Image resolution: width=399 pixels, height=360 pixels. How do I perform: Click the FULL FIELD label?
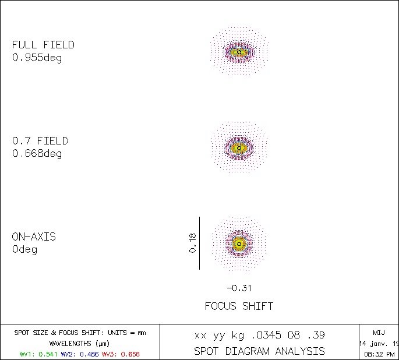pos(43,45)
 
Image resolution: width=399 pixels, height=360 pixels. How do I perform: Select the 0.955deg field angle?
pos(37,58)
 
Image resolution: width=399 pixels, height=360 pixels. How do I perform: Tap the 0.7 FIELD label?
pos(40,141)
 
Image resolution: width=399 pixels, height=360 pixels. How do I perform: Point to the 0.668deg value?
pos(37,154)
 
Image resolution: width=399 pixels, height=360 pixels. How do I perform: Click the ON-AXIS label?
pos(34,237)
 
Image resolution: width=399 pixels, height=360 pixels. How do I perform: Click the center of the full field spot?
pos(239,52)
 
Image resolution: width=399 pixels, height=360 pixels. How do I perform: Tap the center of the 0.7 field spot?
pos(239,148)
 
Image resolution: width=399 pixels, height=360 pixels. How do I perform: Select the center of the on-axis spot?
pos(239,244)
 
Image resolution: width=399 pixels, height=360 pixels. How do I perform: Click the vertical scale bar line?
pos(200,243)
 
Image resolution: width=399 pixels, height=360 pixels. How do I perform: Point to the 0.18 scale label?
pos(193,243)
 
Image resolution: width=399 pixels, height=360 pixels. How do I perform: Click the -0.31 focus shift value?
pos(239,288)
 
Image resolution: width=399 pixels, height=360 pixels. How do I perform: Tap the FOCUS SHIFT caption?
pos(239,306)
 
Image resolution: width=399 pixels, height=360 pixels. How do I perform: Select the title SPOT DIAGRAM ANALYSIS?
pos(259,351)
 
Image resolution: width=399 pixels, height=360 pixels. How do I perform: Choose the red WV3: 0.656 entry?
pos(121,354)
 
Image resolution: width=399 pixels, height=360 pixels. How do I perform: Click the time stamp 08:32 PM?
pos(379,354)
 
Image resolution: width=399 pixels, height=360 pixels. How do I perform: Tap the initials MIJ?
pos(379,333)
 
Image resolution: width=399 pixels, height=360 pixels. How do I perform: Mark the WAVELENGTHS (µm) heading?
pos(80,343)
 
